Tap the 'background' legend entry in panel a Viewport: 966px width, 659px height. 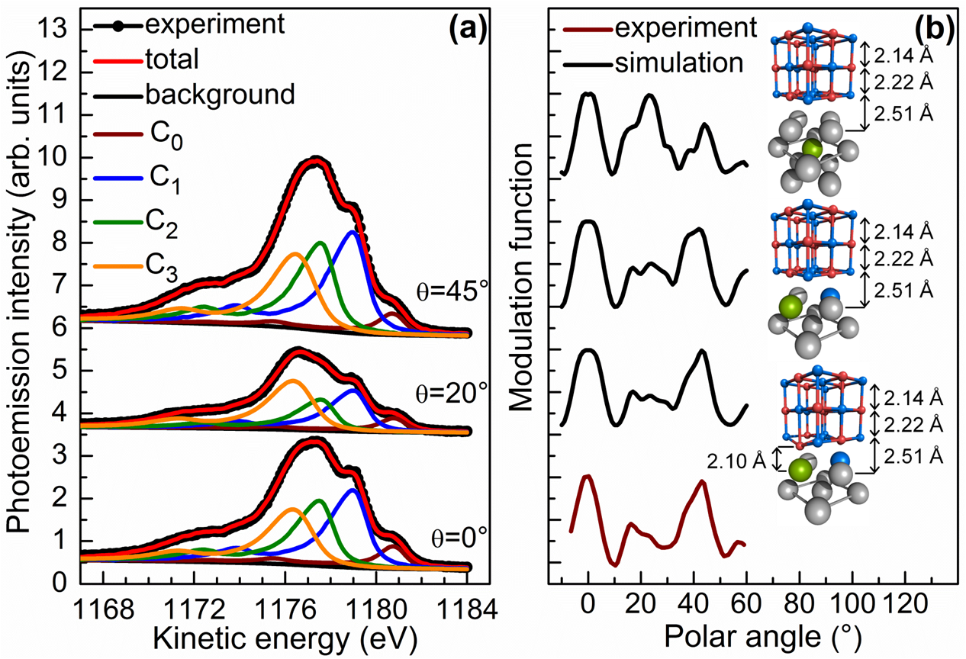219,95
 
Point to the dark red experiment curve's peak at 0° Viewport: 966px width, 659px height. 587,476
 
